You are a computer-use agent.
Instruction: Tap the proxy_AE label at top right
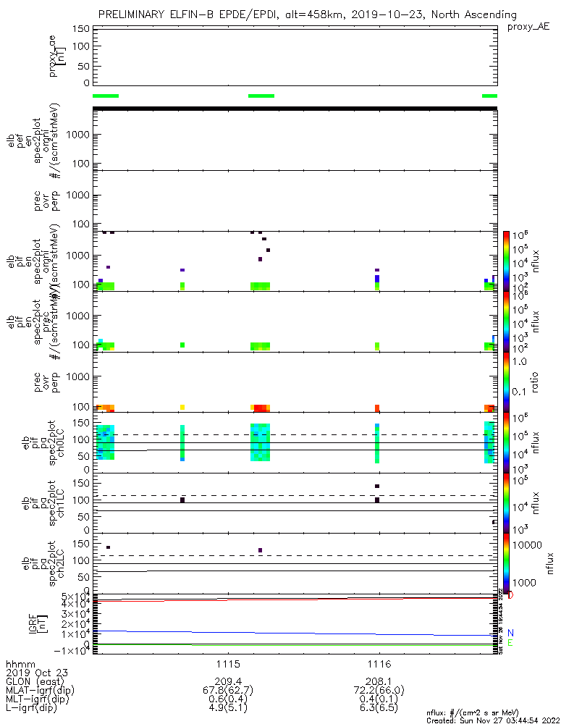pyautogui.click(x=529, y=27)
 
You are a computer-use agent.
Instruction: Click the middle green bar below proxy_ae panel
pyautogui.click(x=261, y=96)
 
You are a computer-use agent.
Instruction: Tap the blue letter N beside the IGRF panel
pyautogui.click(x=510, y=632)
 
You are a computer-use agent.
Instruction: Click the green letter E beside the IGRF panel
pyautogui.click(x=510, y=642)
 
